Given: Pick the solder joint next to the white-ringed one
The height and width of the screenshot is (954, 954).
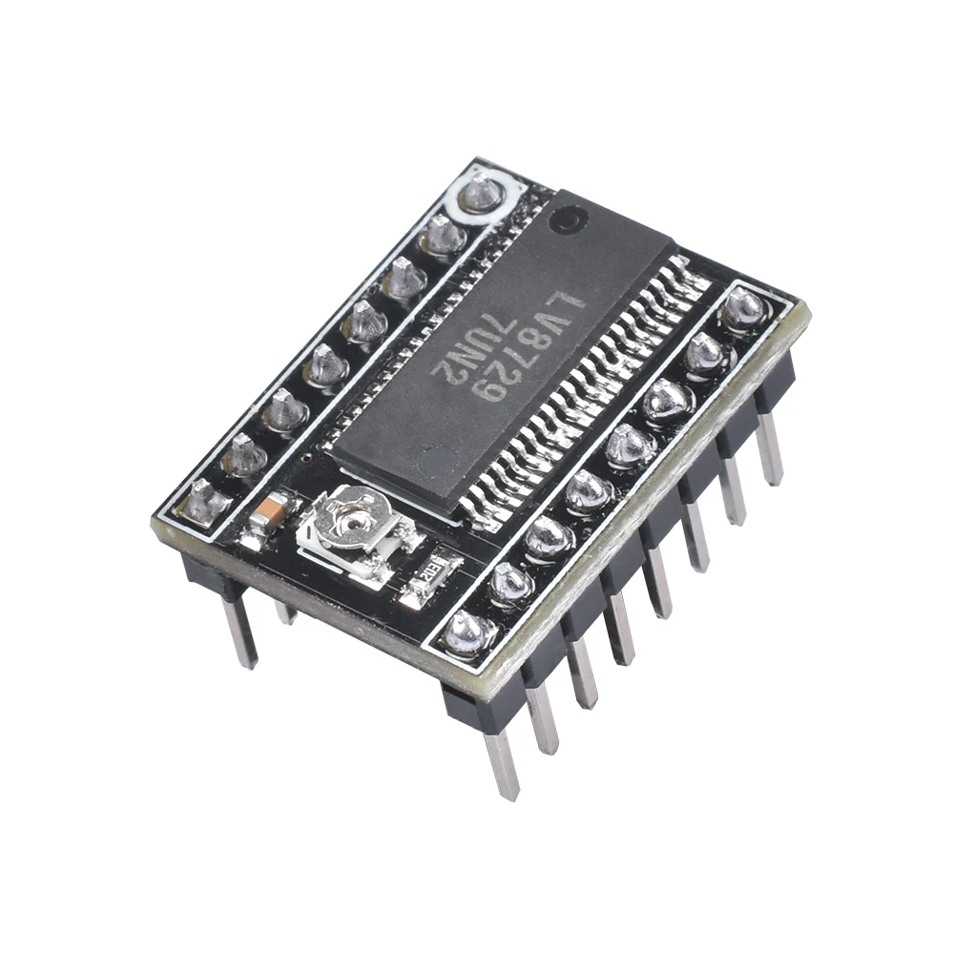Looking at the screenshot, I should click(444, 235).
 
